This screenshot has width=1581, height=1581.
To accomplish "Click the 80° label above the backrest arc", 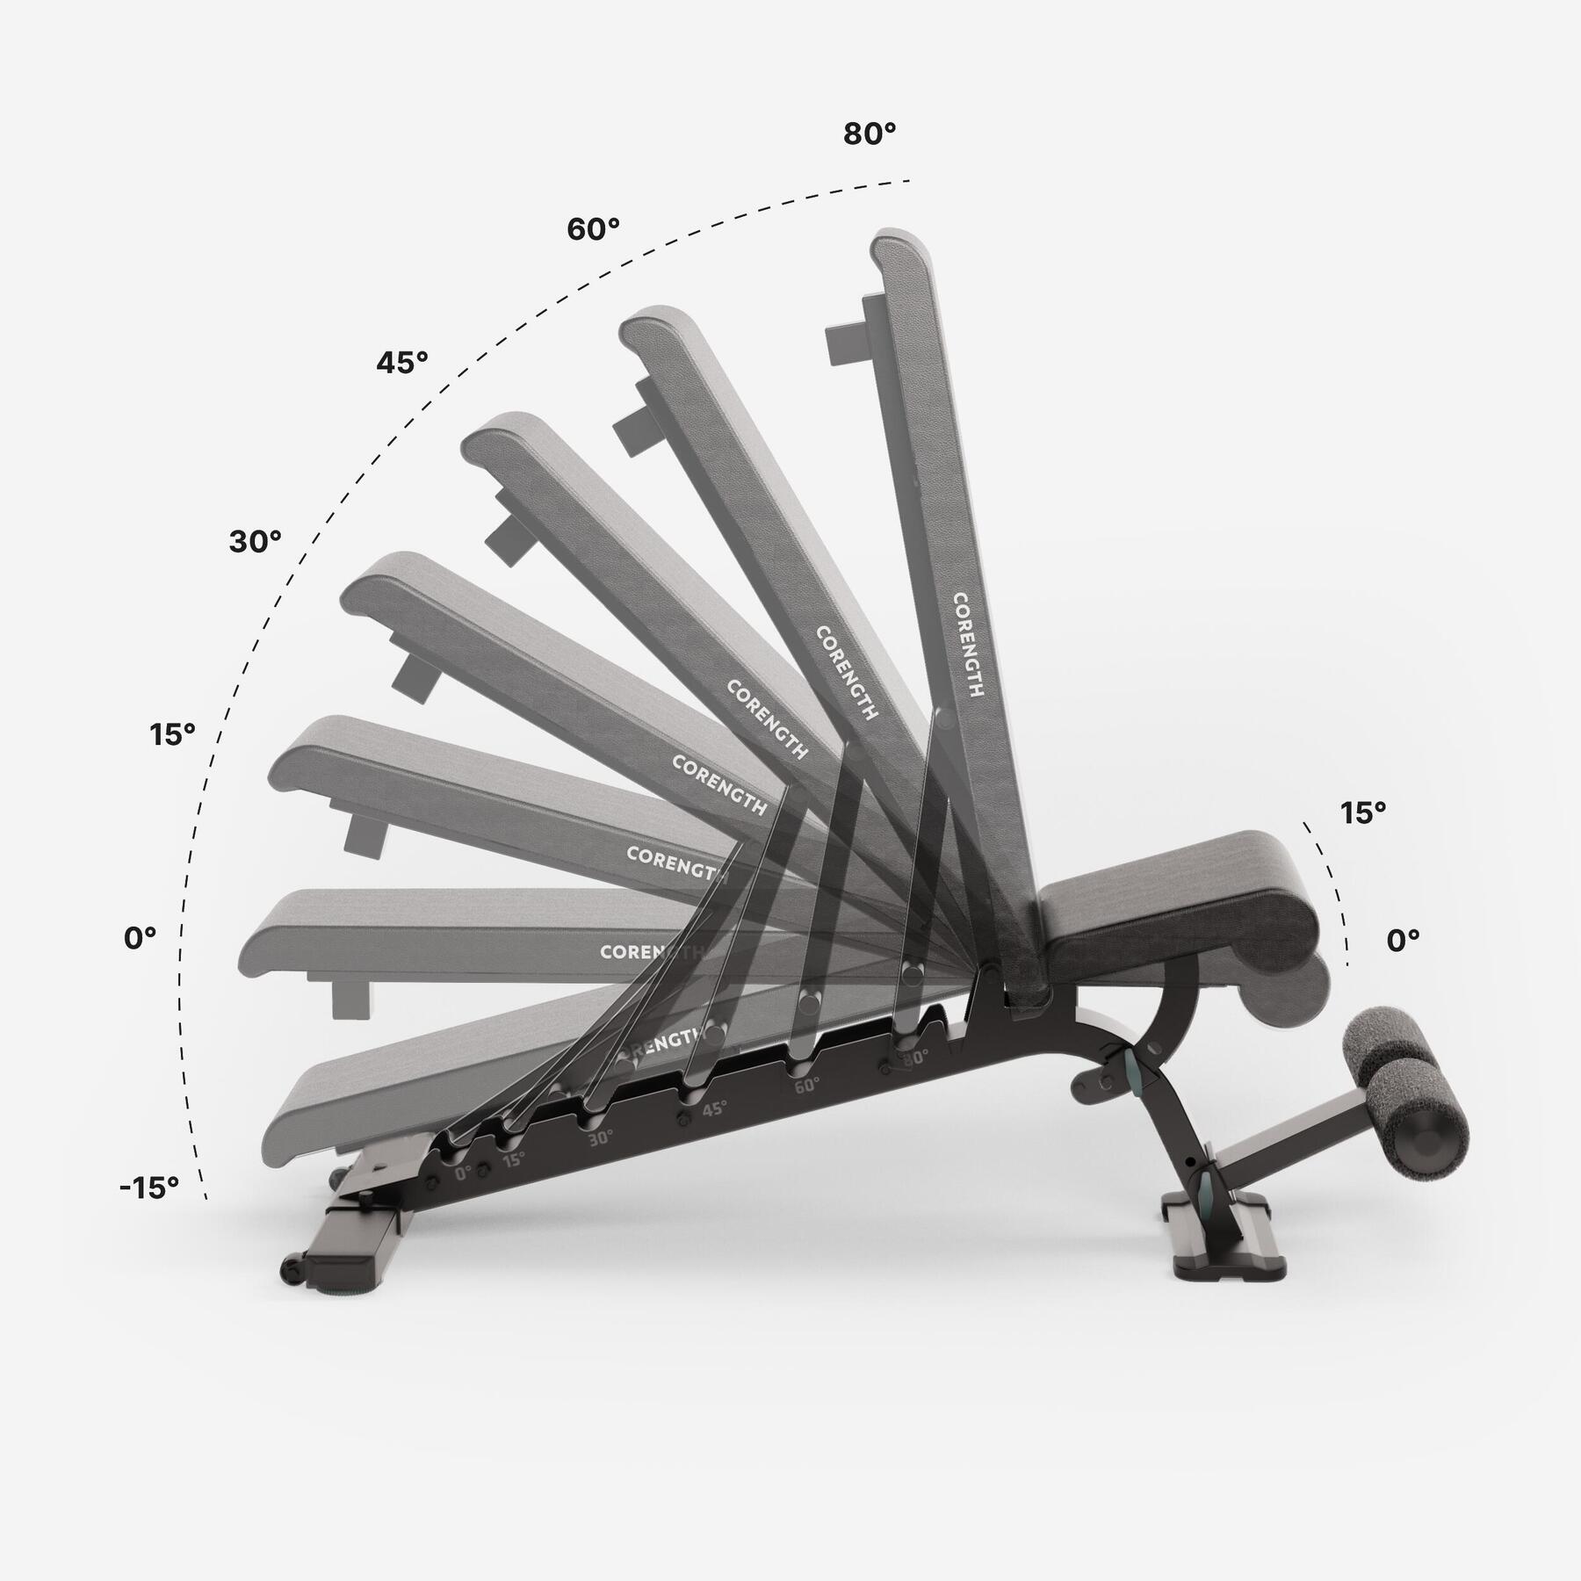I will tap(870, 134).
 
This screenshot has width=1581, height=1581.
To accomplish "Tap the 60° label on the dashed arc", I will tap(593, 229).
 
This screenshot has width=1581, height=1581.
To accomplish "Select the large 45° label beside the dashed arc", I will tap(402, 362).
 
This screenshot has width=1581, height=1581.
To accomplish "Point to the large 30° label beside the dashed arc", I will tap(255, 542).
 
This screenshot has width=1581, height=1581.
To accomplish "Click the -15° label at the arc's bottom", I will tap(149, 1188).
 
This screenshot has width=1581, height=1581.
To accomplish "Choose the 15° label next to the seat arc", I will tap(1362, 813).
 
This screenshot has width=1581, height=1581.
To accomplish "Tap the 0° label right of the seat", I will tap(1403, 941).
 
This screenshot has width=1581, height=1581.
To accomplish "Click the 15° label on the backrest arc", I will tap(171, 734).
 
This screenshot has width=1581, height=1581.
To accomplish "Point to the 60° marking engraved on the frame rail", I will tap(806, 1085).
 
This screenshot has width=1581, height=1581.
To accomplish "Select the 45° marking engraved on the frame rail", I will tap(713, 1108).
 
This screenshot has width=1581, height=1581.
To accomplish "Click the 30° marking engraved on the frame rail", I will tap(601, 1137).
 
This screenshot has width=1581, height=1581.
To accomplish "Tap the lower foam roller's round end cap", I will tap(1429, 1144).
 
